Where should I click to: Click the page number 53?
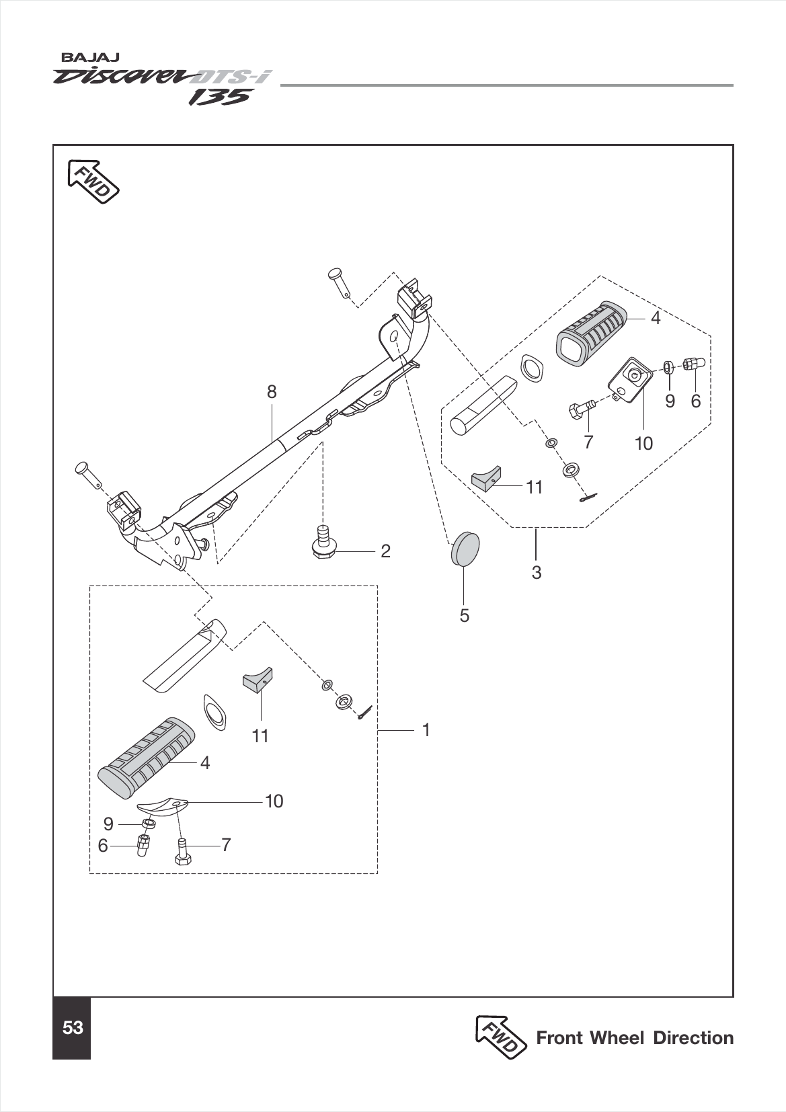click(x=72, y=1028)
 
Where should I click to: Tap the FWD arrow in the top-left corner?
click(x=93, y=181)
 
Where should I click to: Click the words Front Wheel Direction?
click(x=634, y=1038)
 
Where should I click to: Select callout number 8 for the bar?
click(x=271, y=392)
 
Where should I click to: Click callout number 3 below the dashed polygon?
click(x=536, y=573)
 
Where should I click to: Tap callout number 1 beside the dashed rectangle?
click(x=426, y=729)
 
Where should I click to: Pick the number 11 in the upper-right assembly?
click(x=534, y=487)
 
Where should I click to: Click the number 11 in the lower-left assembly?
click(x=260, y=736)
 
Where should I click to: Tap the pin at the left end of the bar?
click(x=88, y=471)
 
